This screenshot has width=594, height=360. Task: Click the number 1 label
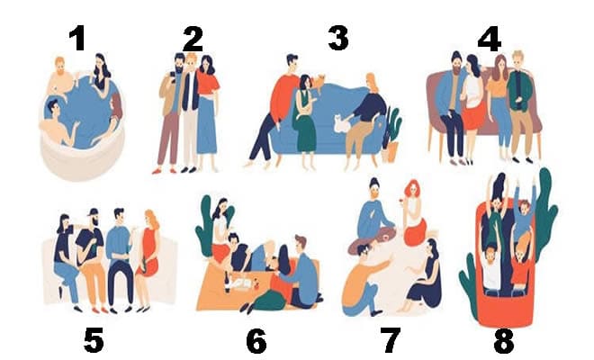[x=77, y=39]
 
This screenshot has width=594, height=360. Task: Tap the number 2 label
[x=193, y=39]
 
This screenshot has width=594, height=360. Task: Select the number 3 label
[x=338, y=38]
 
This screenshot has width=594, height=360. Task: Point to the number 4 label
[x=490, y=39]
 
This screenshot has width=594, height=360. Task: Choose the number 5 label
[x=94, y=340]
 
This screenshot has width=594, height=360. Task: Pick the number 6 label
[x=256, y=340]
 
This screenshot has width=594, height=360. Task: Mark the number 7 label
[x=390, y=340]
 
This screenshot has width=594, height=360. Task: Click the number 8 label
[x=504, y=340]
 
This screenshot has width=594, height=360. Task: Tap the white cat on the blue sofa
[x=343, y=123]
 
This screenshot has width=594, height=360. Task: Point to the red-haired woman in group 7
[x=414, y=213]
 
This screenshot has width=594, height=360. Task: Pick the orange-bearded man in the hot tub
[x=61, y=80]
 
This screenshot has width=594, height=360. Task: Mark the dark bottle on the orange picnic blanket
[x=228, y=283]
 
